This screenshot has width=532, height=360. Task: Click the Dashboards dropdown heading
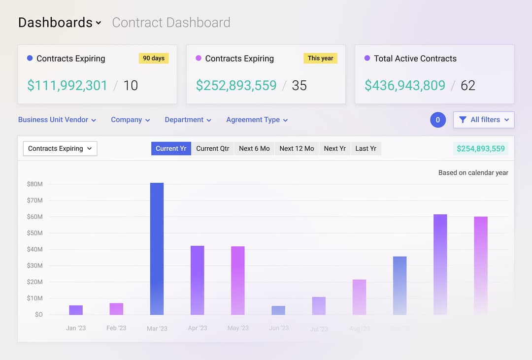(59, 23)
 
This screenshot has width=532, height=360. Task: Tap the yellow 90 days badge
(154, 58)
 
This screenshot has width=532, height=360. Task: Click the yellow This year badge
(320, 58)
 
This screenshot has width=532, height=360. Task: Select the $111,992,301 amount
(67, 85)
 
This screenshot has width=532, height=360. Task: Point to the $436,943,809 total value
(404, 85)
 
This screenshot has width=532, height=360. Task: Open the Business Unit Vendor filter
(57, 120)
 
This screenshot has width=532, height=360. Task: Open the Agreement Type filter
(257, 120)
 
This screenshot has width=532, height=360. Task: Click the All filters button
(484, 120)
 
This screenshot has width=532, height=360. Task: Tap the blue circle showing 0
(438, 120)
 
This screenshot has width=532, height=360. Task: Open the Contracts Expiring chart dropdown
(60, 148)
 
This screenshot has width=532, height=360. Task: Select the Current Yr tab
(171, 148)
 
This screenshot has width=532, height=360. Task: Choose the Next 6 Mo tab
(254, 148)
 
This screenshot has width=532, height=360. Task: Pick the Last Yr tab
(366, 148)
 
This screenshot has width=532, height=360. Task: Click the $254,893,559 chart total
(480, 148)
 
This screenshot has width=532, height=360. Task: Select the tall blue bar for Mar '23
(157, 249)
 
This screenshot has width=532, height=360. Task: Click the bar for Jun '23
(278, 310)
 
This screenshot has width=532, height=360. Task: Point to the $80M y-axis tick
(34, 184)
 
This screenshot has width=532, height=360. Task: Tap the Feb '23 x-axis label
(116, 328)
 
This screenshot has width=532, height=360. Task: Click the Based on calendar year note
(473, 173)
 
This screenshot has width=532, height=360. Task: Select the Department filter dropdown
(188, 120)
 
